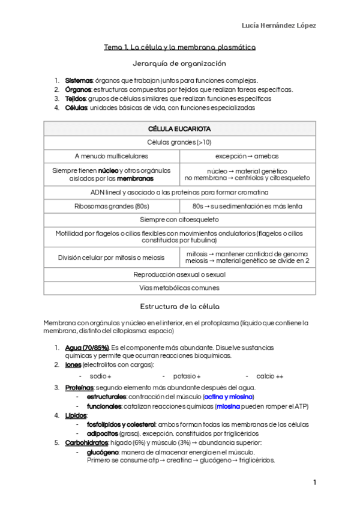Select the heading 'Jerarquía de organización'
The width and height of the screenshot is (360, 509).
(x=179, y=63)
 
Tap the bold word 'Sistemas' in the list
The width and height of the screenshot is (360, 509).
(x=78, y=80)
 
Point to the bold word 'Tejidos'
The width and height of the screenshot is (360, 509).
(x=76, y=98)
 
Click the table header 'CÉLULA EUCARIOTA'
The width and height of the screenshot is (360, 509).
(x=179, y=129)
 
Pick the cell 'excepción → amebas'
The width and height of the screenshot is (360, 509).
(x=247, y=155)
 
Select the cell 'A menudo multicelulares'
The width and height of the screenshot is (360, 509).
(x=112, y=155)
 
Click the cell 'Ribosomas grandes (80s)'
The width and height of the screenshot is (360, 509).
(x=112, y=206)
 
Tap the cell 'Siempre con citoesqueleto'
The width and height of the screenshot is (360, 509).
(x=179, y=220)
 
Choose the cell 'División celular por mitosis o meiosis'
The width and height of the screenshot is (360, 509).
(x=112, y=258)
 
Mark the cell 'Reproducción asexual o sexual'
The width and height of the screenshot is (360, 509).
(x=179, y=274)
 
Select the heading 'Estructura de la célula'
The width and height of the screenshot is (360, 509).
(x=179, y=306)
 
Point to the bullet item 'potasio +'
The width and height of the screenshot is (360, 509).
(x=187, y=376)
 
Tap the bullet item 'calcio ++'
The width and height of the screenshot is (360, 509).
(x=269, y=376)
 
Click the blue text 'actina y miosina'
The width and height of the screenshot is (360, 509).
(x=228, y=397)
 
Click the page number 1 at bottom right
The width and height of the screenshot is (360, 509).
(x=314, y=483)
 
